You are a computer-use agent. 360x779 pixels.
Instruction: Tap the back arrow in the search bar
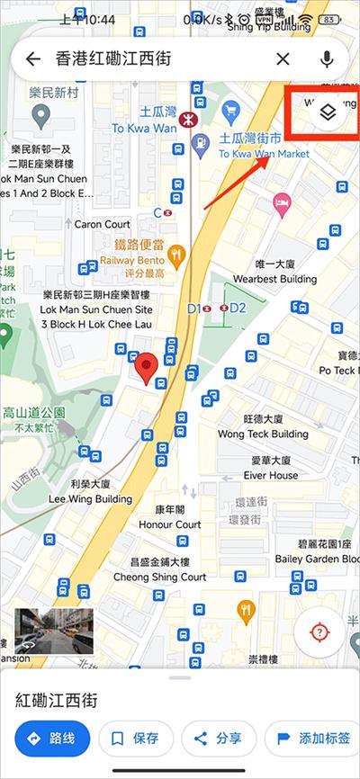click(33, 59)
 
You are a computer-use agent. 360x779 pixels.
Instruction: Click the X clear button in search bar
click(283, 59)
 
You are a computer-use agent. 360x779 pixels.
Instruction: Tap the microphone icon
click(326, 59)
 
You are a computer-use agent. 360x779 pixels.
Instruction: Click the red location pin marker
click(146, 368)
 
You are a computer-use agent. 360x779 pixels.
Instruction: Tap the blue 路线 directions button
click(52, 739)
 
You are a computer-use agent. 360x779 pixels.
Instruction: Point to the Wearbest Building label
click(274, 279)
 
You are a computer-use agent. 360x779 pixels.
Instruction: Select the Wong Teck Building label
click(263, 434)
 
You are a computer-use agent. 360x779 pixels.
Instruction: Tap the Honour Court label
click(170, 524)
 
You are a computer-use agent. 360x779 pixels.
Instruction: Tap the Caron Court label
click(102, 224)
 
